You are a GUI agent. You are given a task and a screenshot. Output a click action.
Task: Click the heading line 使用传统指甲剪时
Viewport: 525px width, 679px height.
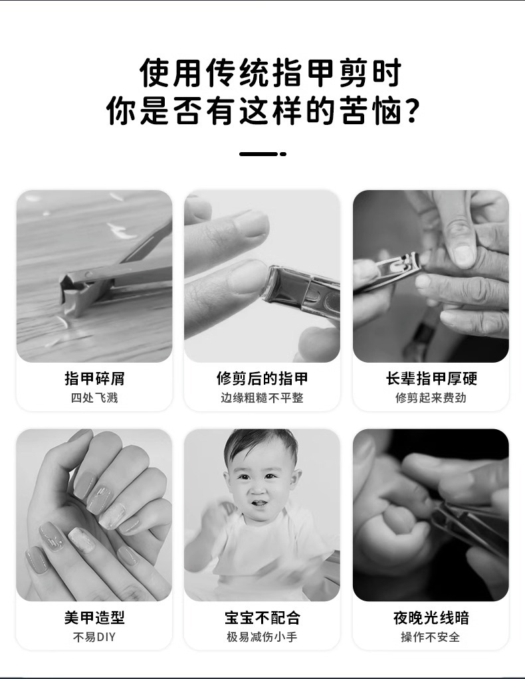point(270,73)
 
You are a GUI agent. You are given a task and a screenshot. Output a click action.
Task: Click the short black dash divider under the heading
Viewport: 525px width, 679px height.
point(262,153)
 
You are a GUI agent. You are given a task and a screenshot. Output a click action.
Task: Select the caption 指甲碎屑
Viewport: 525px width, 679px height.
point(94,379)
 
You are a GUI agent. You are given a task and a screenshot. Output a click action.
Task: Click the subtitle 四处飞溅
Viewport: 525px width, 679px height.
point(94,397)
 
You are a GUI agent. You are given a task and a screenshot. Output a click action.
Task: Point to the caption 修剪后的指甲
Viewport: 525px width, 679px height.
point(262,379)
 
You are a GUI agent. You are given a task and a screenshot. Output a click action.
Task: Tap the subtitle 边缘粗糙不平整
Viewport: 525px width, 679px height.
point(262,397)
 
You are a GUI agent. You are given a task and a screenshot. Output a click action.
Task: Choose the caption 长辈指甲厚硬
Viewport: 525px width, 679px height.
point(431,379)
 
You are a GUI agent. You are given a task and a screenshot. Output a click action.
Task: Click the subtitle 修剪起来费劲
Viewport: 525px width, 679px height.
point(431,397)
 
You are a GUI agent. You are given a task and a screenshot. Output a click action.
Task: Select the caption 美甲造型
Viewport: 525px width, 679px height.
point(94,617)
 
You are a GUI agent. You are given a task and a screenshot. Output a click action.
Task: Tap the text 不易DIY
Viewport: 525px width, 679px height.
point(94,637)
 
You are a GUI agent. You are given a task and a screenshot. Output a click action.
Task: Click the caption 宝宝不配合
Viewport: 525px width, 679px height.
point(262,617)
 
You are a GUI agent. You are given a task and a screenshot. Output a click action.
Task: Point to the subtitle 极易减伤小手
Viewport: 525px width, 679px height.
point(262,637)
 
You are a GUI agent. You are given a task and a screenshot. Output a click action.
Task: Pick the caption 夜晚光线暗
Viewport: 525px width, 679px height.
point(431,617)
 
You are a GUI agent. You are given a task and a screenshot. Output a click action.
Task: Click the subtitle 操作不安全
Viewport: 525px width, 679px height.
point(431,637)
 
